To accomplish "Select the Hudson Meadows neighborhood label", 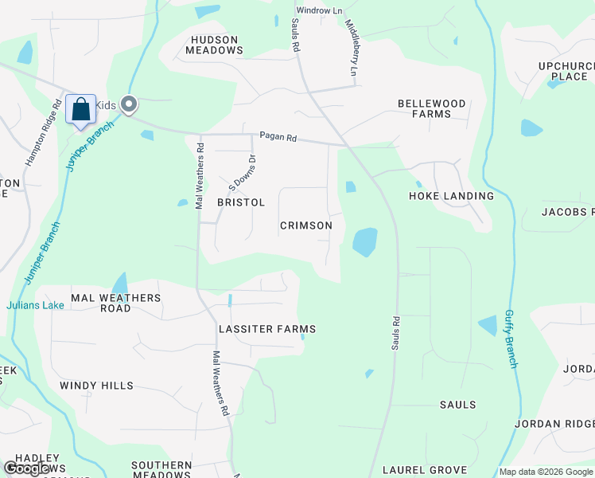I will [x=214, y=45].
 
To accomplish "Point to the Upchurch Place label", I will [x=569, y=70].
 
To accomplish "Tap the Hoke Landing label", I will [x=451, y=196].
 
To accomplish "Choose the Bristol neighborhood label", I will [x=241, y=202].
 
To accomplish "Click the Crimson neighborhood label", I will [x=306, y=225].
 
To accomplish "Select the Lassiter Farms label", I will [x=267, y=329].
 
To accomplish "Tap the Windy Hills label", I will [x=96, y=386].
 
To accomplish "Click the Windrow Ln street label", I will [x=319, y=11].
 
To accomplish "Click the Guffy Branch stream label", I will [x=511, y=339].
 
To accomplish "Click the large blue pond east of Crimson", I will [x=364, y=241].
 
